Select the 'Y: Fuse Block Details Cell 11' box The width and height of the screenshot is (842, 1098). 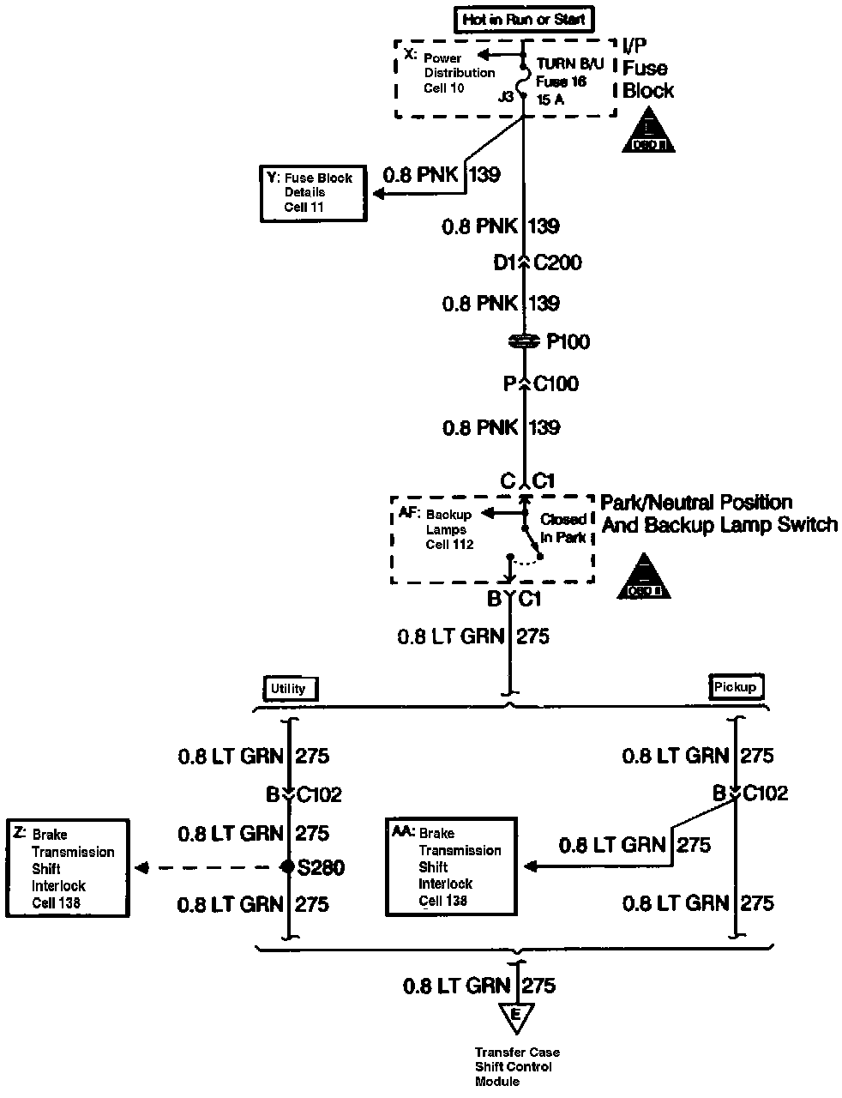pyautogui.click(x=313, y=192)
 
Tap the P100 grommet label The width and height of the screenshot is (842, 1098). pyautogui.click(x=568, y=342)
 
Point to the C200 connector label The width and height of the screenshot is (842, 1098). pyautogui.click(x=557, y=262)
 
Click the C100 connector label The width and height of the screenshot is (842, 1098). pyautogui.click(x=556, y=383)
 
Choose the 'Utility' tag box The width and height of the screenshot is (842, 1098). pyautogui.click(x=288, y=688)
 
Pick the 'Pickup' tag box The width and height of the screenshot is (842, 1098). pyautogui.click(x=736, y=686)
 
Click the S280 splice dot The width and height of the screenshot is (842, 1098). pyautogui.click(x=289, y=867)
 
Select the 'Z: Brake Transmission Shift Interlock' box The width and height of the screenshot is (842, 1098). pyautogui.click(x=68, y=868)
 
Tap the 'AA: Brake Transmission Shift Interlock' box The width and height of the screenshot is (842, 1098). pyautogui.click(x=452, y=866)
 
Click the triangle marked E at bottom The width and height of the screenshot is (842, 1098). pyautogui.click(x=515, y=1017)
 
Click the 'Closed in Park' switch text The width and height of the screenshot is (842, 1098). pyautogui.click(x=563, y=528)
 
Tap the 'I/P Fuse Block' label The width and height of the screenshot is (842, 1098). pyautogui.click(x=647, y=69)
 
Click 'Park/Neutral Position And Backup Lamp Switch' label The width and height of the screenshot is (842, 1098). pyautogui.click(x=719, y=513)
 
